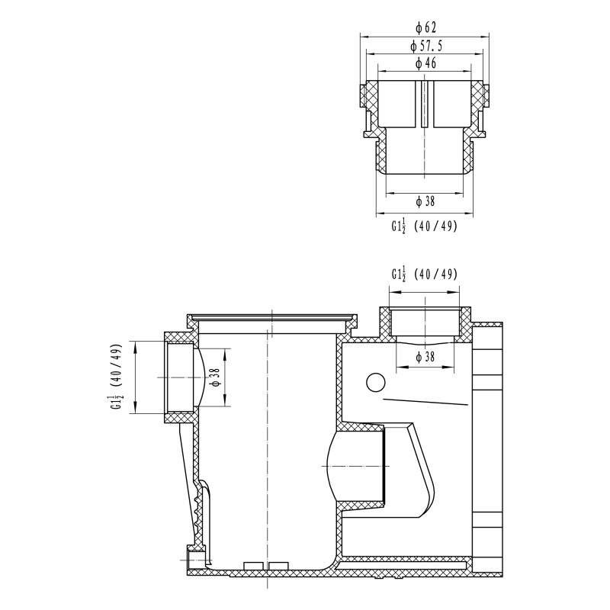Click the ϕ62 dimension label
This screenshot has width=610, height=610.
tap(425, 27)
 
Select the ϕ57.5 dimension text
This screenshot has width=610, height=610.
tap(426, 47)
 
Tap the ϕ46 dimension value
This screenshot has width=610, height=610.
tap(425, 63)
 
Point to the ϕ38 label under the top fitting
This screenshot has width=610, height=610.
tap(425, 201)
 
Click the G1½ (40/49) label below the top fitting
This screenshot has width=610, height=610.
tap(425, 226)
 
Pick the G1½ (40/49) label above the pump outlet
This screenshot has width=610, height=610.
tap(425, 274)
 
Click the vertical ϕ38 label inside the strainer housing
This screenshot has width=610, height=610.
tap(217, 377)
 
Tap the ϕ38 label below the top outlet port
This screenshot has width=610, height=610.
tap(425, 357)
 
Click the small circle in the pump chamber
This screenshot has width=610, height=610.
tap(376, 383)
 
